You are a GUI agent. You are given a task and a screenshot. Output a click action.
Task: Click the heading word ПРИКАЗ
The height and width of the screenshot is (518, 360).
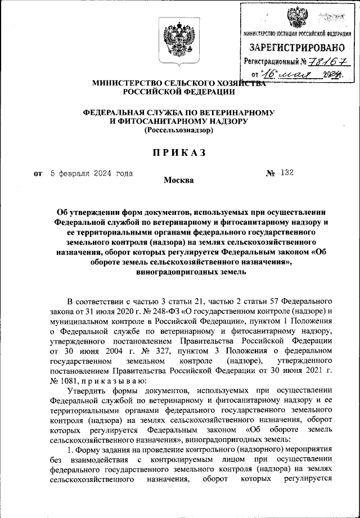coord(177,152)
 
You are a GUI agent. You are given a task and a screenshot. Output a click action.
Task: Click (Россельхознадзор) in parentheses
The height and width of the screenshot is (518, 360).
coord(178,130)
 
